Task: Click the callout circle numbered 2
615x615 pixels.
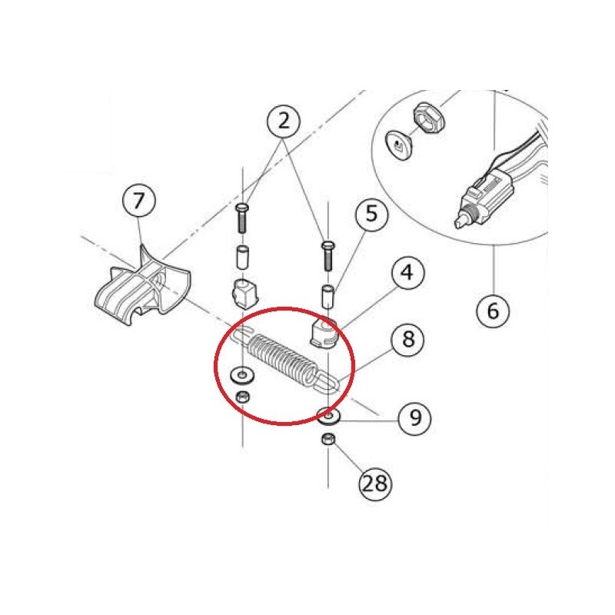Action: [284, 121]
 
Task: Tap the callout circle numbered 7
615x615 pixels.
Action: [139, 201]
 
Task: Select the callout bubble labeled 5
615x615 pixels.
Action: [371, 214]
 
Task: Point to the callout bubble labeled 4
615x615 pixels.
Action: [407, 273]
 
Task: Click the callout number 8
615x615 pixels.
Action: [408, 339]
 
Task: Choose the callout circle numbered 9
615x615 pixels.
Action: [415, 418]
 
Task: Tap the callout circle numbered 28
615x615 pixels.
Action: [375, 484]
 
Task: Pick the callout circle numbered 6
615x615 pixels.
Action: [493, 311]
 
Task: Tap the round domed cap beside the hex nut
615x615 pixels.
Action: [399, 145]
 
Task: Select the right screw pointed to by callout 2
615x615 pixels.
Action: [328, 256]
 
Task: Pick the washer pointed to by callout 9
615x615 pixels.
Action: [329, 415]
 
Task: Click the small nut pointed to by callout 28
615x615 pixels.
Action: [328, 438]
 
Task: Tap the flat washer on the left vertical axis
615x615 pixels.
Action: [241, 376]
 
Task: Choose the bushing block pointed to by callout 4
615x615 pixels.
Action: [324, 333]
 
